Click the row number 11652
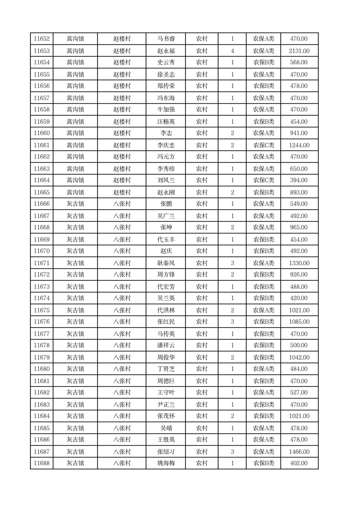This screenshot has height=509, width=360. pos(42,39)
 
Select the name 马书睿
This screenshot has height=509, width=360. pos(165,39)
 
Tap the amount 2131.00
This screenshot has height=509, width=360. pos(299,51)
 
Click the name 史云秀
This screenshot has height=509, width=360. pos(165,63)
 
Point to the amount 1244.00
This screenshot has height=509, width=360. pos(299,145)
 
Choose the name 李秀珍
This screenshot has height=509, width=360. pos(165,169)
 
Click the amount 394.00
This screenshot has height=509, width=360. pos(299,181)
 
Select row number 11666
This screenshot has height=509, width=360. pos(42,204)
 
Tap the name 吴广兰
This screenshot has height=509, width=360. pos(165,216)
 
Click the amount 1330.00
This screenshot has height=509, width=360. pos(299,263)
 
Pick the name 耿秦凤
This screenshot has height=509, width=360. pos(165,263)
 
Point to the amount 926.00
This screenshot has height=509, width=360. pos(299,275)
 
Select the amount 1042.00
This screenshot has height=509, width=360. pos(299,357)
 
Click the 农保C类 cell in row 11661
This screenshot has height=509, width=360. pos(263,145)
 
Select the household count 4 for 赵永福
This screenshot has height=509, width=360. pos(232,51)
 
